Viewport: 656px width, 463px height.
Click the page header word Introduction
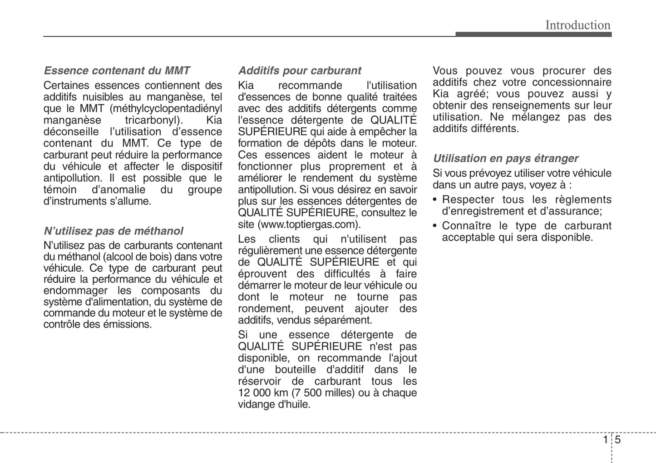pyautogui.click(x=577, y=25)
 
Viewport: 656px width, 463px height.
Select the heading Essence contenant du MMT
pyautogui.click(x=117, y=70)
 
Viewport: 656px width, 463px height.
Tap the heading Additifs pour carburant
pyautogui.click(x=300, y=70)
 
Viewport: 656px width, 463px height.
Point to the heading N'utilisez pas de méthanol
pyautogui.click(x=113, y=231)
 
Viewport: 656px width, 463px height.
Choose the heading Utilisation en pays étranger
pyautogui.click(x=505, y=158)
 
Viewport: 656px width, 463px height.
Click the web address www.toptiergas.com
pyautogui.click(x=309, y=224)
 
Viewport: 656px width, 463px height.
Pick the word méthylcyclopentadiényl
pyautogui.click(x=169, y=109)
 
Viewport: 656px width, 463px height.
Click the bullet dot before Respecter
pyautogui.click(x=435, y=200)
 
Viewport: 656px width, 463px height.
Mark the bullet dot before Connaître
pyautogui.click(x=435, y=226)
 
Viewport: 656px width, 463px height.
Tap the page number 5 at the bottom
pyautogui.click(x=618, y=440)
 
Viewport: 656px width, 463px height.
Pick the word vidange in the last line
pyautogui.click(x=255, y=404)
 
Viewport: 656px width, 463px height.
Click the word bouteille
pyautogui.click(x=295, y=370)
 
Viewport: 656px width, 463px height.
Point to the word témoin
pyautogui.click(x=60, y=189)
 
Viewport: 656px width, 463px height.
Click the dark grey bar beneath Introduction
pyautogui.click(x=533, y=35)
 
